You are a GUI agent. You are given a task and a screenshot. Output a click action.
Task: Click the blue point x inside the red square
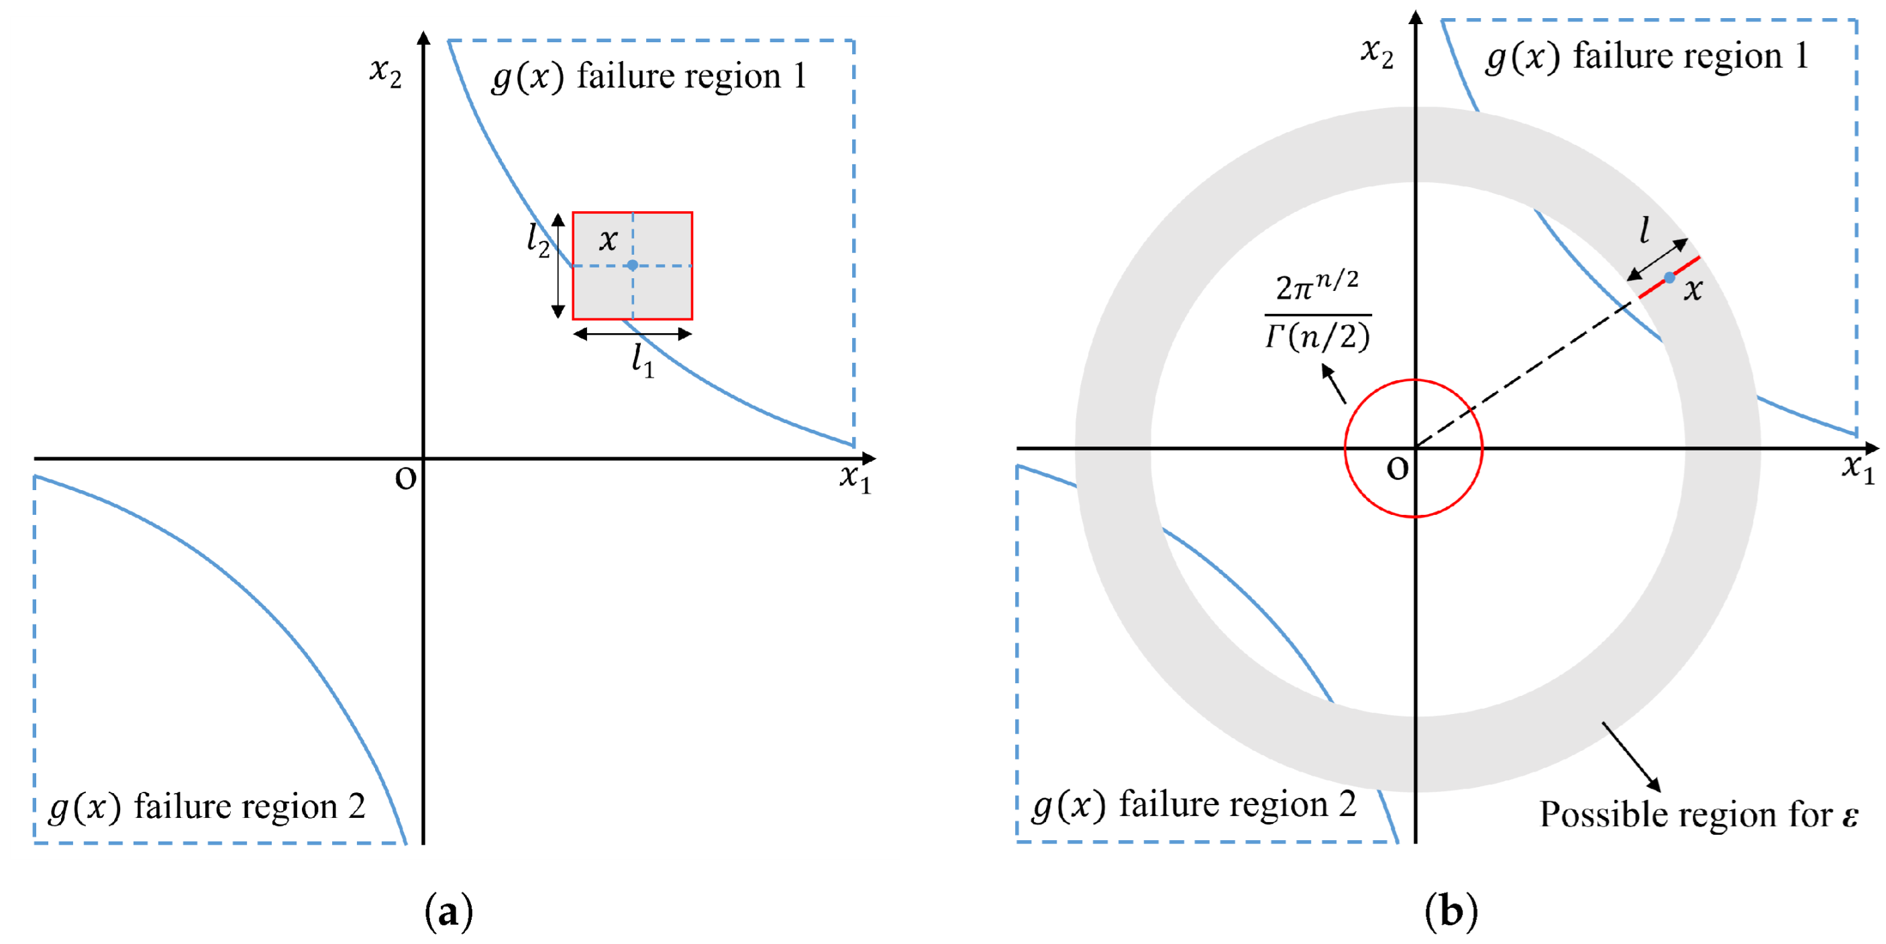(x=633, y=265)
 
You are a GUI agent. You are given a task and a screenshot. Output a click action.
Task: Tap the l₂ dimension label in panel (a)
(x=538, y=239)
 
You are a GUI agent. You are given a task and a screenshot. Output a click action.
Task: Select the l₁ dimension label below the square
(x=643, y=361)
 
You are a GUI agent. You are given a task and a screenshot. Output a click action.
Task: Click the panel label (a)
(x=449, y=912)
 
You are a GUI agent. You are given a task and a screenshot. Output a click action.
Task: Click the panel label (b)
(x=1451, y=912)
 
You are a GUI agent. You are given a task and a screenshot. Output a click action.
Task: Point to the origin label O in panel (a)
(x=406, y=479)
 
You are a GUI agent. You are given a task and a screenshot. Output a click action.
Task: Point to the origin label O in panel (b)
(x=1397, y=469)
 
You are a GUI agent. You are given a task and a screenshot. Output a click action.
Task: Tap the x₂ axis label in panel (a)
(x=386, y=72)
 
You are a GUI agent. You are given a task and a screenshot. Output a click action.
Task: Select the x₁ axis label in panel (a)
(x=855, y=478)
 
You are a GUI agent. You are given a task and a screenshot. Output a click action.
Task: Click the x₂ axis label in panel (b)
(x=1377, y=53)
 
